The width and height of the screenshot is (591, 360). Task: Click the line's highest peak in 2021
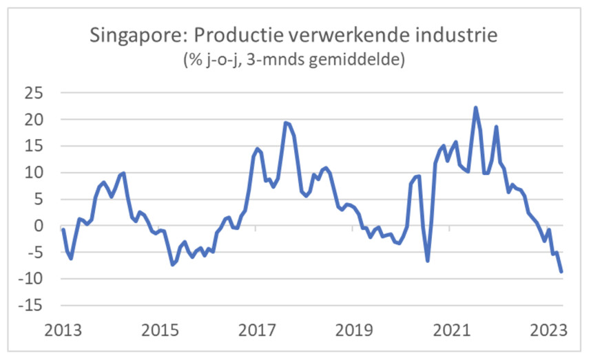pos(475,107)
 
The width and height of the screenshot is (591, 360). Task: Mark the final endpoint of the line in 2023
pos(561,272)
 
